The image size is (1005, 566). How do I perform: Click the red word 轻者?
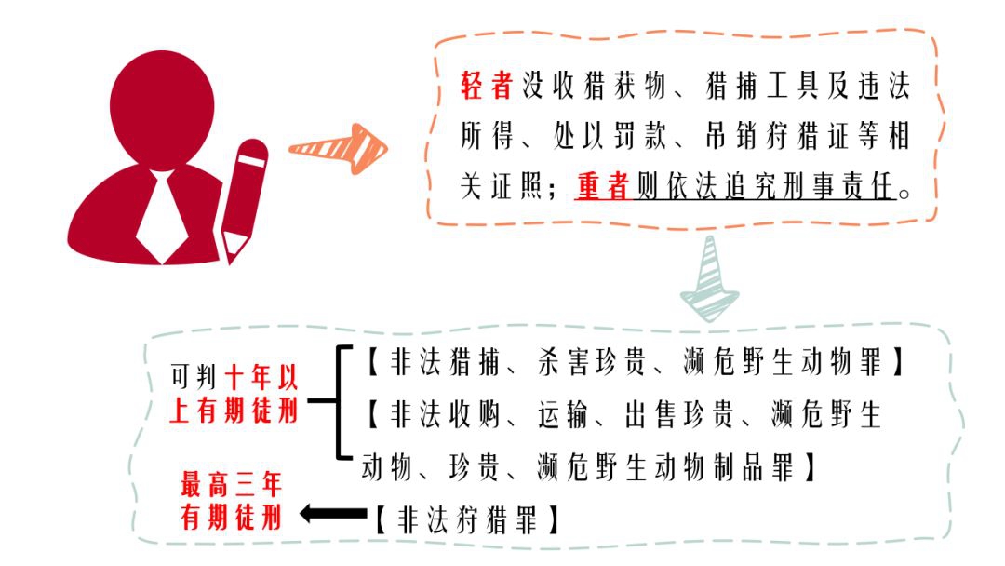pyautogui.click(x=487, y=86)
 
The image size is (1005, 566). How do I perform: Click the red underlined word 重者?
pyautogui.click(x=602, y=186)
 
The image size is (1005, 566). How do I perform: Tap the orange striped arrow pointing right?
pyautogui.click(x=339, y=149)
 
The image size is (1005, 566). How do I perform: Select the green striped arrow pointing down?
pyautogui.click(x=709, y=279)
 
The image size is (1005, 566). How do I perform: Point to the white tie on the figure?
pyautogui.click(x=162, y=216)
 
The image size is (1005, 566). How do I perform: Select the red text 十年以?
pyautogui.click(x=261, y=377)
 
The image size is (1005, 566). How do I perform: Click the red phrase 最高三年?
pyautogui.click(x=231, y=485)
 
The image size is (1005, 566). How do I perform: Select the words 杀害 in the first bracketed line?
pyautogui.click(x=563, y=363)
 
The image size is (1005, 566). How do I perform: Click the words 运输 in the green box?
pyautogui.click(x=563, y=415)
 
